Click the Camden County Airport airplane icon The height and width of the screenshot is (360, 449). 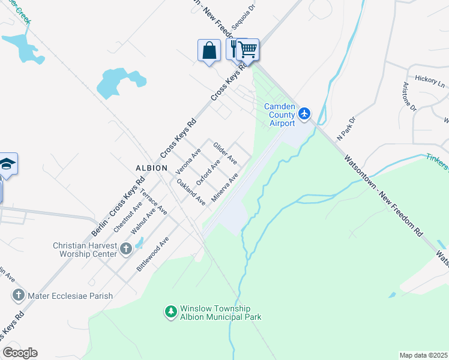coord(305,113)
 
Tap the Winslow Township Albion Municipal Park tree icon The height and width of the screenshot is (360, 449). coord(171,311)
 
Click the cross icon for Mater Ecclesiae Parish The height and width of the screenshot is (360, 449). coord(19,295)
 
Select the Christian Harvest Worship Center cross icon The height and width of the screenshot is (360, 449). coord(125,248)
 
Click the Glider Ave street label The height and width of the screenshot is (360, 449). coord(225,154)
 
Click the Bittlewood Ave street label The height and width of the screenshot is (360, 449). coord(152,254)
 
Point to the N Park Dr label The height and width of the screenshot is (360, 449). coord(346,128)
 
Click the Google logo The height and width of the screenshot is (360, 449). coord(20,353)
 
